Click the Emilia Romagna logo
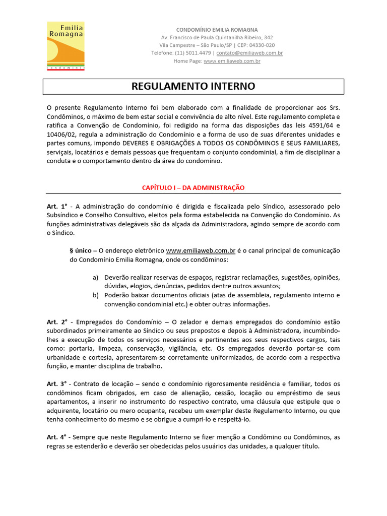[x=66, y=45]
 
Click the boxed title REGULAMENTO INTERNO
[x=193, y=86]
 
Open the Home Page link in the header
[x=232, y=61]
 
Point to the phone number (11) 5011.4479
[x=192, y=53]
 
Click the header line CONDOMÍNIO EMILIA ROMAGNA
[x=216, y=30]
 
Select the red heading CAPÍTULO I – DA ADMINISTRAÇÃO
[x=193, y=187]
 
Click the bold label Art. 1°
[x=57, y=207]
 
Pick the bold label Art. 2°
[x=57, y=321]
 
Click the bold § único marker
[x=81, y=250]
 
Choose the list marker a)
[x=96, y=278]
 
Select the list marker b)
[x=96, y=295]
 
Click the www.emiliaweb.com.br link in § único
[x=201, y=250]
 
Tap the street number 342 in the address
[x=268, y=38]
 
